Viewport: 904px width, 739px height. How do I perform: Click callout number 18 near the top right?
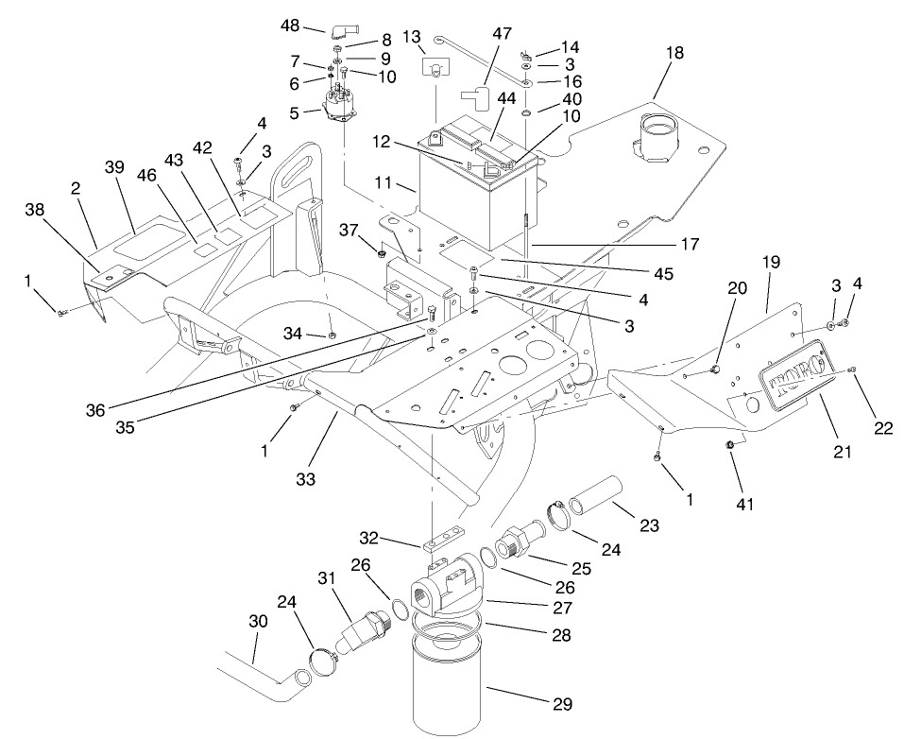coord(674,53)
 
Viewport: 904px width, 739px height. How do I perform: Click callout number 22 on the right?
coord(883,427)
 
